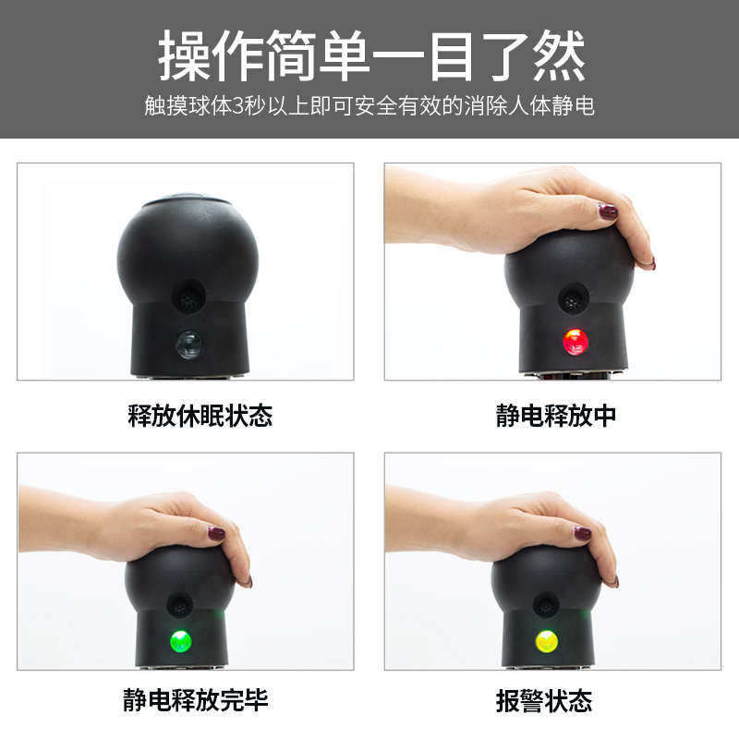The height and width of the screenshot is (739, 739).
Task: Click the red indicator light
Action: pos(575,342)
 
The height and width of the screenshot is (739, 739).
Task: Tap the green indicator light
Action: pos(181,640)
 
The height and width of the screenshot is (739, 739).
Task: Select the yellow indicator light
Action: pos(547,640)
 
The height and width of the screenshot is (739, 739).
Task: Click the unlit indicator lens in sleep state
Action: pos(189,345)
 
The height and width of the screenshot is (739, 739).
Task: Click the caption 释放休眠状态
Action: pos(200,416)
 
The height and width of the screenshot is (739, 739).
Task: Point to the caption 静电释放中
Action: pos(556,416)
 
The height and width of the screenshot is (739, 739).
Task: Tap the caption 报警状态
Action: pos(543,699)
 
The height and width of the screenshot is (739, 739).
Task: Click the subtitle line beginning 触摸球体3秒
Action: pos(369,106)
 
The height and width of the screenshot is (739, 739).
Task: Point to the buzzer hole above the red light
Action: pos(573,298)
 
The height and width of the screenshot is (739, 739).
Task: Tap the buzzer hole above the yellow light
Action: pos(546,606)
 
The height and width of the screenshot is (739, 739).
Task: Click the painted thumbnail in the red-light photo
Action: pos(608,212)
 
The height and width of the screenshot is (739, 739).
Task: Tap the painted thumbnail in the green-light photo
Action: pos(216,533)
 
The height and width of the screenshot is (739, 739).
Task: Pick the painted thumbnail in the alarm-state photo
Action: pos(582,533)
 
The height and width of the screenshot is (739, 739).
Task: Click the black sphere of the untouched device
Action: pos(188,249)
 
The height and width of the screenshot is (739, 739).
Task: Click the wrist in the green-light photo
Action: pos(55,517)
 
